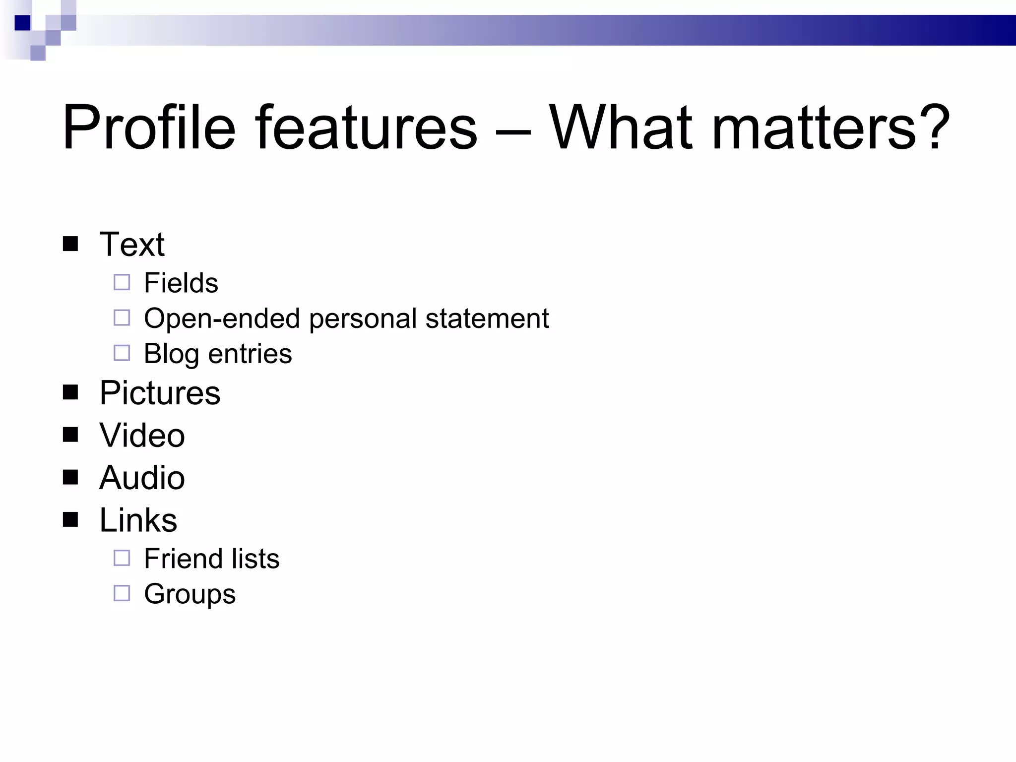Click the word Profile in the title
point(149,128)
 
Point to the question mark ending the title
point(936,128)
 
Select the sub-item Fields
point(181,283)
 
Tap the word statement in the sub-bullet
point(487,318)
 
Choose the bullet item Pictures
point(160,393)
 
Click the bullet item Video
point(142,435)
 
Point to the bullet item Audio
point(142,477)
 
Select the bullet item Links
point(138,520)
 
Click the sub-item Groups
point(190,594)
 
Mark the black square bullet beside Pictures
point(70,392)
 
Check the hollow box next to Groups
point(122,593)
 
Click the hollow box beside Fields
point(122,282)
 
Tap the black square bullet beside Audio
point(70,477)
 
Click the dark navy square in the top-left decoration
point(23,23)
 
